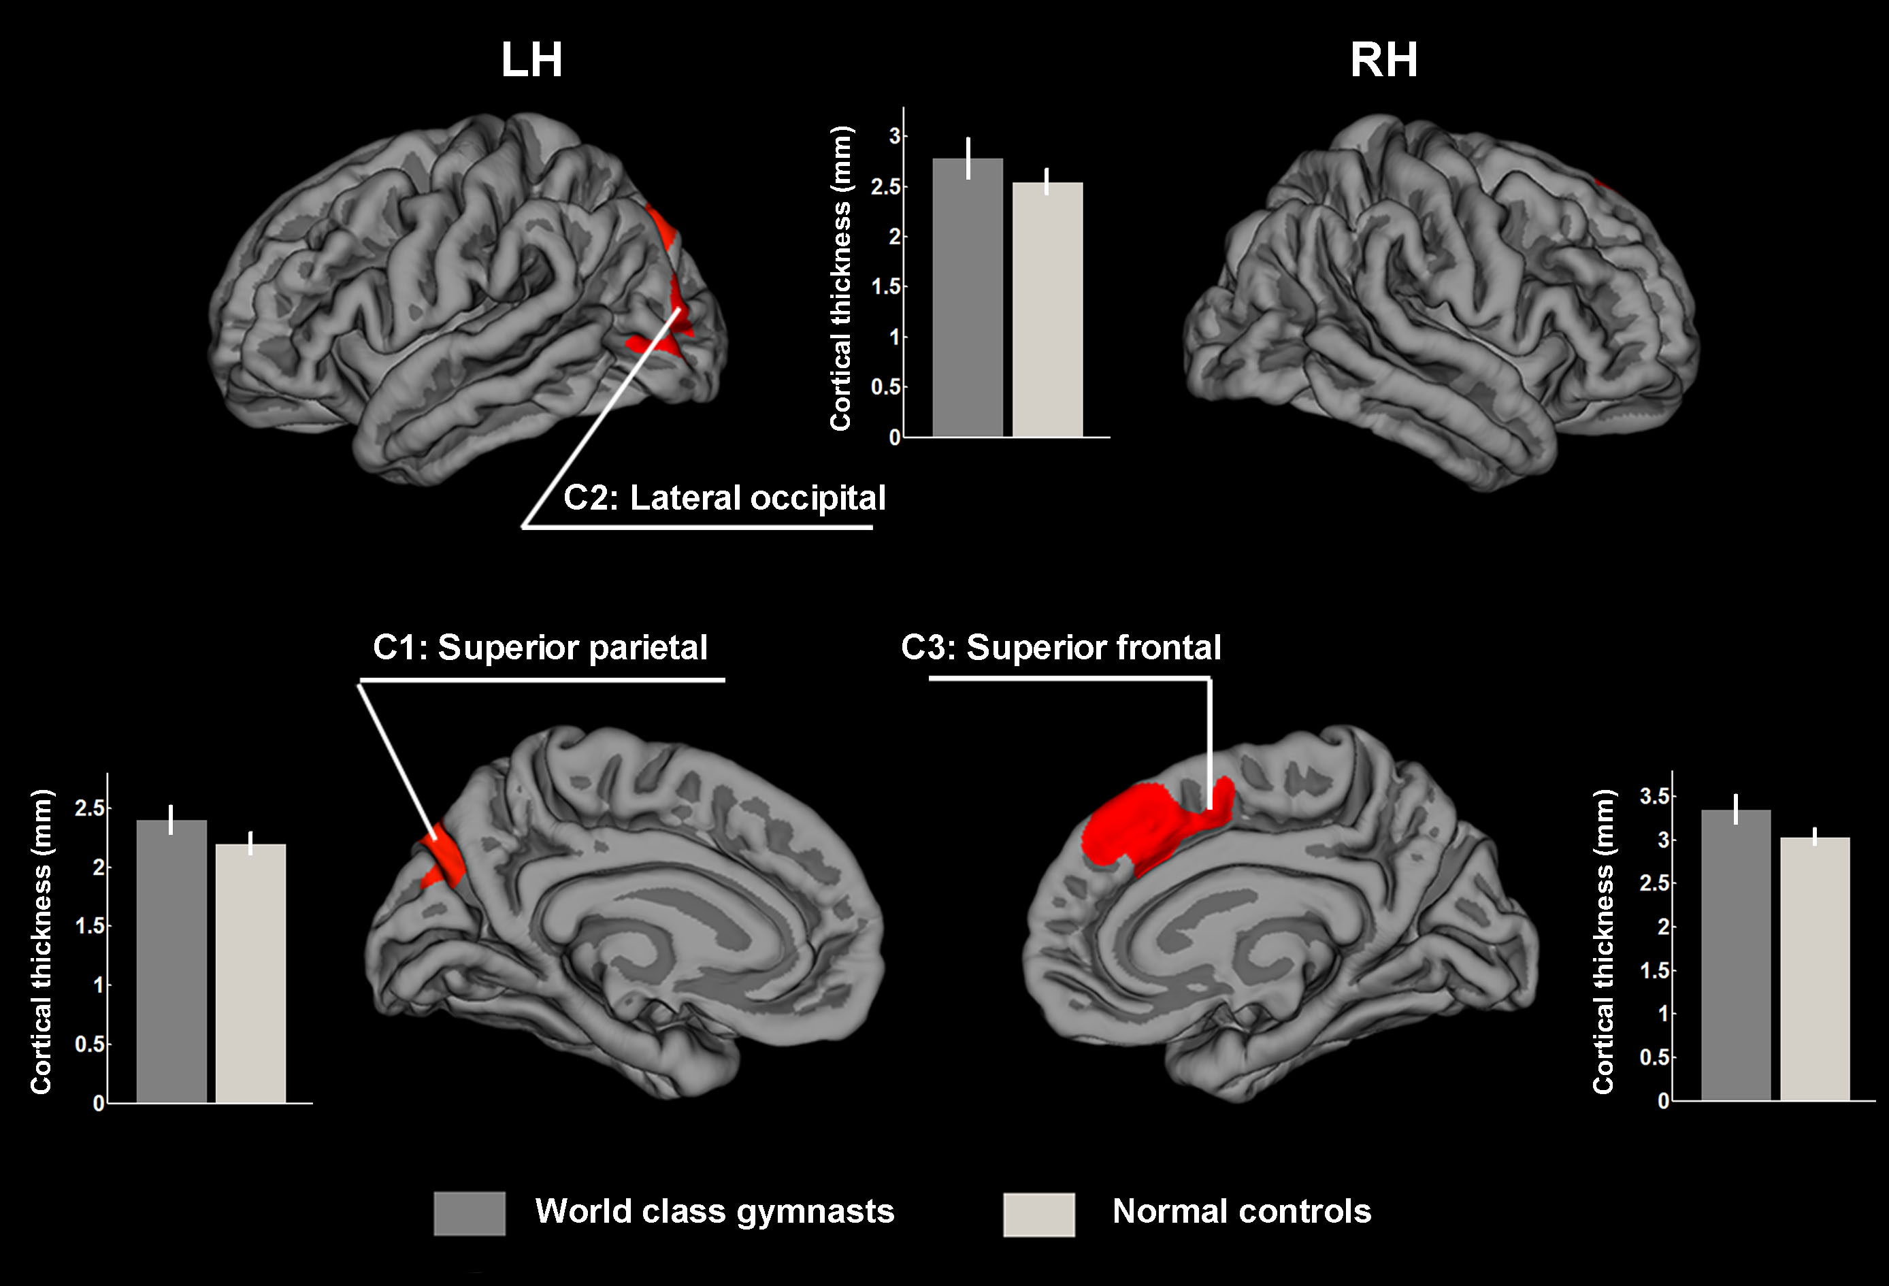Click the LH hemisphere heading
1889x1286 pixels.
tap(531, 60)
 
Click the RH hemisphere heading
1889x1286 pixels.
tap(1383, 60)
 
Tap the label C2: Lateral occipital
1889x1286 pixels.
tap(724, 497)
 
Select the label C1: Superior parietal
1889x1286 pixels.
tap(540, 648)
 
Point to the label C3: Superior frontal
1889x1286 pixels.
tap(1061, 648)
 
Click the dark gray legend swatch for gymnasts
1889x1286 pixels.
tap(469, 1214)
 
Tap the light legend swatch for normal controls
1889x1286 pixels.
tap(1039, 1215)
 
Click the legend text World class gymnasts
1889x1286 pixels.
tap(714, 1211)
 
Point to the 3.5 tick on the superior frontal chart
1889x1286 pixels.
tap(1654, 796)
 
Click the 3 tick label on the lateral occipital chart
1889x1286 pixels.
tap(893, 136)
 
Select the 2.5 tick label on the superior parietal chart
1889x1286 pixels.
tap(89, 808)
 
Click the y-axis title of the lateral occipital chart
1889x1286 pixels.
tap(840, 278)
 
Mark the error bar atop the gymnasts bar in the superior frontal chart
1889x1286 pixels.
tap(1735, 809)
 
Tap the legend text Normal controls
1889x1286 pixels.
tap(1241, 1211)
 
